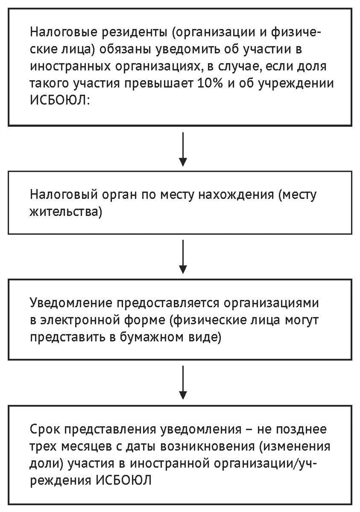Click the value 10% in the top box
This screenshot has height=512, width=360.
tap(210, 83)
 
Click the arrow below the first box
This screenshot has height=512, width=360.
tap(183, 149)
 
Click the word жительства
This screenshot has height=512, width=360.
tap(66, 212)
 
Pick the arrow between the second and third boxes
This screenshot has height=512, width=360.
tap(183, 256)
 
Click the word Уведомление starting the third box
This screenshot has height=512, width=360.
tap(71, 303)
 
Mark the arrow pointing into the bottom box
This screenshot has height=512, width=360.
tap(183, 382)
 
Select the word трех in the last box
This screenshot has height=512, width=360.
tap(44, 446)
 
